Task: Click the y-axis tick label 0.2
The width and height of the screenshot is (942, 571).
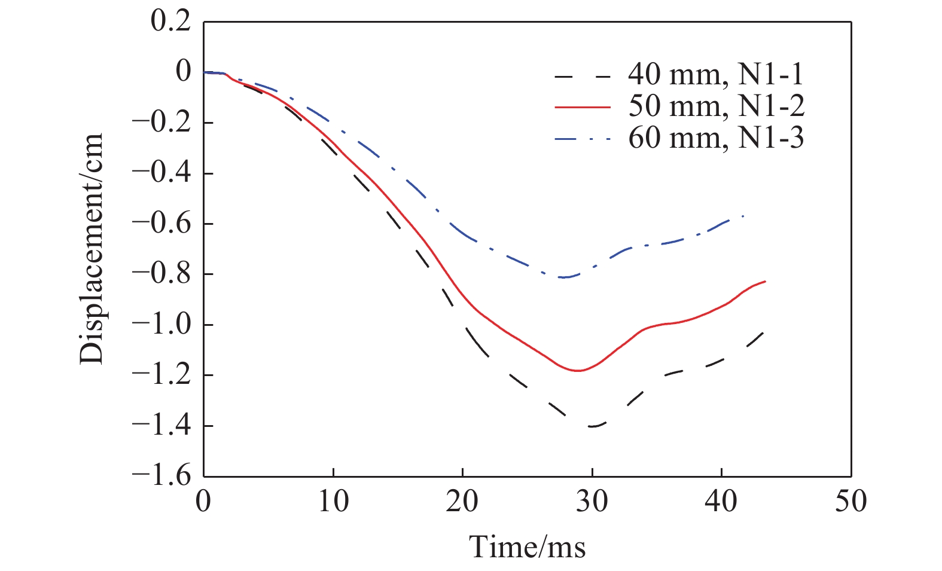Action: click(170, 22)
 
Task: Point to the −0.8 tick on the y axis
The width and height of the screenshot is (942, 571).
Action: click(161, 274)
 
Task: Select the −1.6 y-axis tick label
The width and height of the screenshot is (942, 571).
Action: click(161, 477)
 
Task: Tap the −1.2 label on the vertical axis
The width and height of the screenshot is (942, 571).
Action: click(161, 375)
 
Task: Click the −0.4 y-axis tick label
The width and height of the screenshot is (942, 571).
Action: click(161, 173)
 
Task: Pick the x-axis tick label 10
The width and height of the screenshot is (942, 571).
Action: click(333, 501)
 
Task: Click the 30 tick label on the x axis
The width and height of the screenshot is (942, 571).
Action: click(592, 501)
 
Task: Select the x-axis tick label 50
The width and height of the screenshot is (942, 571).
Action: click(850, 501)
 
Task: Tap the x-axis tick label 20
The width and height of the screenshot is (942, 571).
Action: click(462, 501)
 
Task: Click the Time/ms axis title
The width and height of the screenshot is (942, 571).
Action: click(527, 546)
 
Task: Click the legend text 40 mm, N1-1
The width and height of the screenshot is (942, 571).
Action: click(716, 75)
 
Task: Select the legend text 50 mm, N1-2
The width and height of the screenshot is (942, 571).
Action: click(716, 107)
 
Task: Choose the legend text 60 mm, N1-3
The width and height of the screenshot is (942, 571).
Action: click(716, 139)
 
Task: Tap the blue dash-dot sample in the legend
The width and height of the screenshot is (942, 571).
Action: click(583, 139)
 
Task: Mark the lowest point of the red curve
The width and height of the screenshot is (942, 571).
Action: click(578, 371)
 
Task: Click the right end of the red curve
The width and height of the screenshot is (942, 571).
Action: click(765, 281)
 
